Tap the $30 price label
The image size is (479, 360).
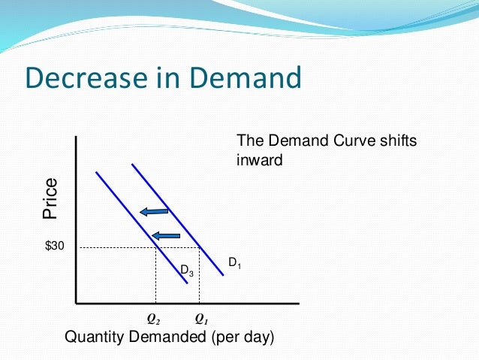(55, 247)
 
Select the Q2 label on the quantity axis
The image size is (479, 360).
(155, 319)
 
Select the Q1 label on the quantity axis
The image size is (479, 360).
(200, 319)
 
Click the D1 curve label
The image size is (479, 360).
(235, 262)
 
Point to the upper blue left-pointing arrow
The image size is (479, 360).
(154, 212)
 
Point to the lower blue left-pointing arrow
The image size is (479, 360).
(166, 236)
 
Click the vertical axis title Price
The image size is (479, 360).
(50, 198)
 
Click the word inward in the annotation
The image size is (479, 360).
(259, 159)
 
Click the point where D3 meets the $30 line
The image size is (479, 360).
(155, 247)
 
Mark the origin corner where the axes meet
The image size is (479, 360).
(76, 303)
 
